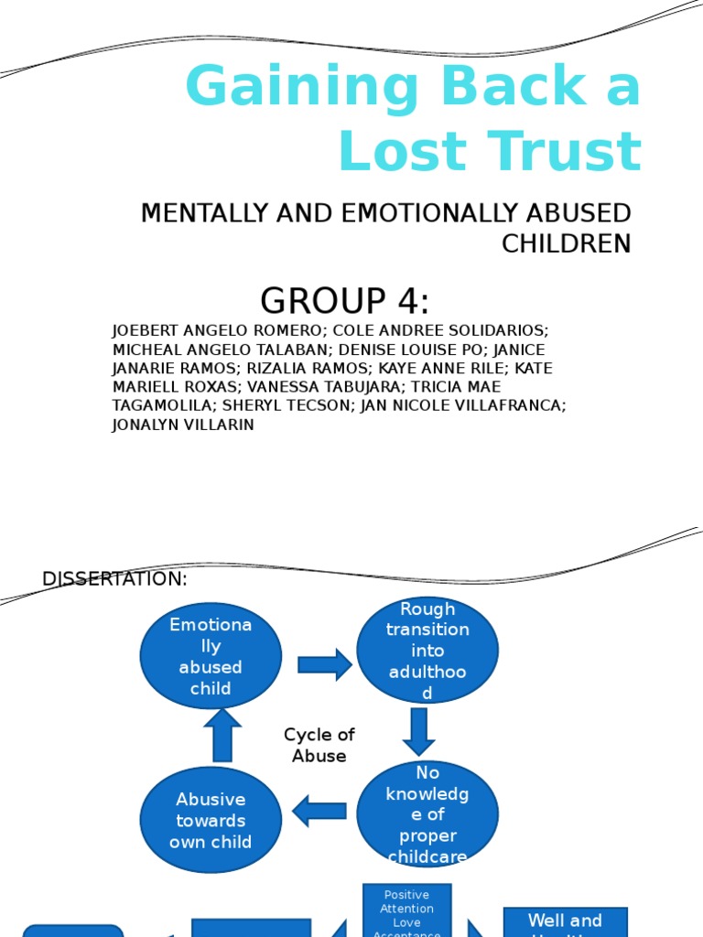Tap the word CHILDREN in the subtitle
tap(566, 243)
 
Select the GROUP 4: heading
tap(344, 301)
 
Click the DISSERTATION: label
tap(115, 579)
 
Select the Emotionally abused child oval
tap(211, 656)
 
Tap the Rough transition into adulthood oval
tap(427, 651)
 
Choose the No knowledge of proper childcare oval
tap(427, 814)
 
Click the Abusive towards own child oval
tap(211, 820)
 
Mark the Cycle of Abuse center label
tap(319, 745)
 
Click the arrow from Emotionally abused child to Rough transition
tap(324, 664)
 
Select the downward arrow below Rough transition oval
tap(419, 730)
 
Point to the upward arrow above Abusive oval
tap(222, 736)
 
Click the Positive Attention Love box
tap(406, 911)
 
